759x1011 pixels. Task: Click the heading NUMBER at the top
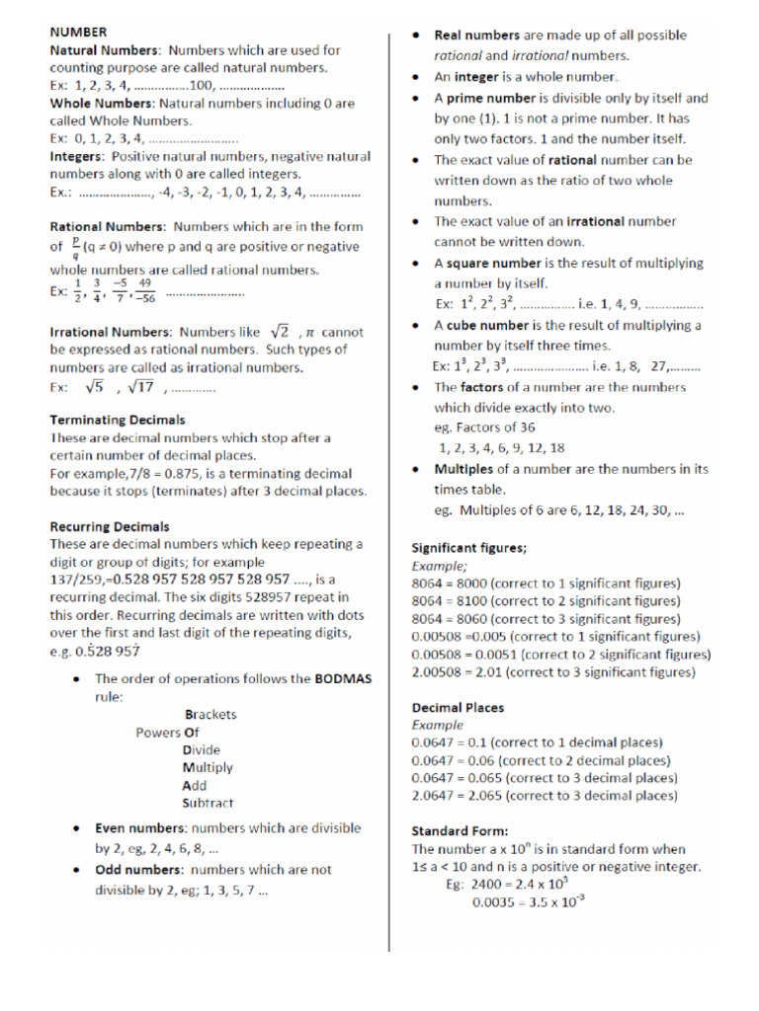[x=79, y=33]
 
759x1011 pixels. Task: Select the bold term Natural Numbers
[x=104, y=49]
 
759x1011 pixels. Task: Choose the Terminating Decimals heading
[x=117, y=420]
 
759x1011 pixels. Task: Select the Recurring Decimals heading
[x=109, y=526]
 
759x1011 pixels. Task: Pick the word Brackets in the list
[x=211, y=714]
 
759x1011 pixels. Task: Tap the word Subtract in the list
[x=208, y=803]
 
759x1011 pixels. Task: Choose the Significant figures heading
[x=468, y=547]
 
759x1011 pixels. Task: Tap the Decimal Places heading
[x=458, y=707]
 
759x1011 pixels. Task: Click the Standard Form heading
[x=460, y=831]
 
